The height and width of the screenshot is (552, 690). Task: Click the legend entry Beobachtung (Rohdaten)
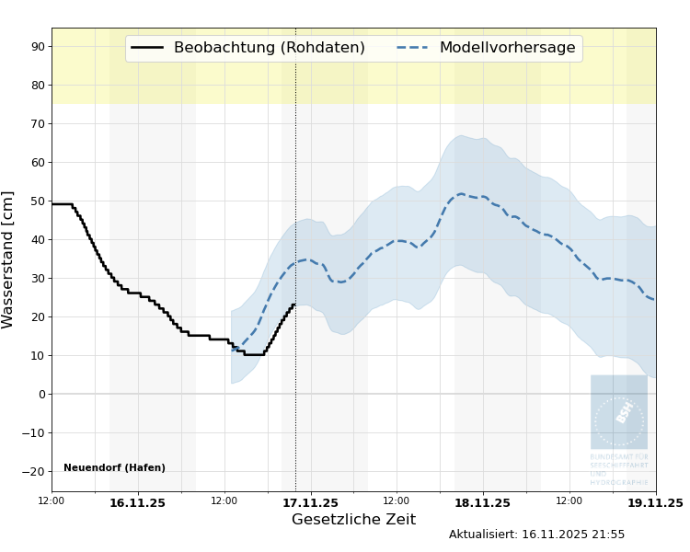269,48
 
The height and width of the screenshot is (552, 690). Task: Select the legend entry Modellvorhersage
507,48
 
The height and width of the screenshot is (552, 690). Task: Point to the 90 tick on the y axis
38,46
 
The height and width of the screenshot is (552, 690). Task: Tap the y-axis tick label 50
38,201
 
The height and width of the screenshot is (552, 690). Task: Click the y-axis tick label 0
41,394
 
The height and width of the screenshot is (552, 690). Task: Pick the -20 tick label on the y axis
35,471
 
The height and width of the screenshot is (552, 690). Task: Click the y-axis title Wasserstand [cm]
9,259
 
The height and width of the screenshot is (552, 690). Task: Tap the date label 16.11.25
137,503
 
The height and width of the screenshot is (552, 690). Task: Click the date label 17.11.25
310,503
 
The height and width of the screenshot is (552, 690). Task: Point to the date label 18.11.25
482,503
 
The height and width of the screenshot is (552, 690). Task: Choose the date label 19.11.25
655,503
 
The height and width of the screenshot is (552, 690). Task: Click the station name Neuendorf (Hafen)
114,468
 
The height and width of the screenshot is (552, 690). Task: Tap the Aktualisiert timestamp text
536,535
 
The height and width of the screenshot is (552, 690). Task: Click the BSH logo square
618,411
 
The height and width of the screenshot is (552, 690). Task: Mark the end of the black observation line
294,304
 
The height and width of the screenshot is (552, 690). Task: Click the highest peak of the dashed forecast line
461,194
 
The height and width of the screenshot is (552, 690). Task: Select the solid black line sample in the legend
147,48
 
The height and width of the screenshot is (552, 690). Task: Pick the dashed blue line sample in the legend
413,48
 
